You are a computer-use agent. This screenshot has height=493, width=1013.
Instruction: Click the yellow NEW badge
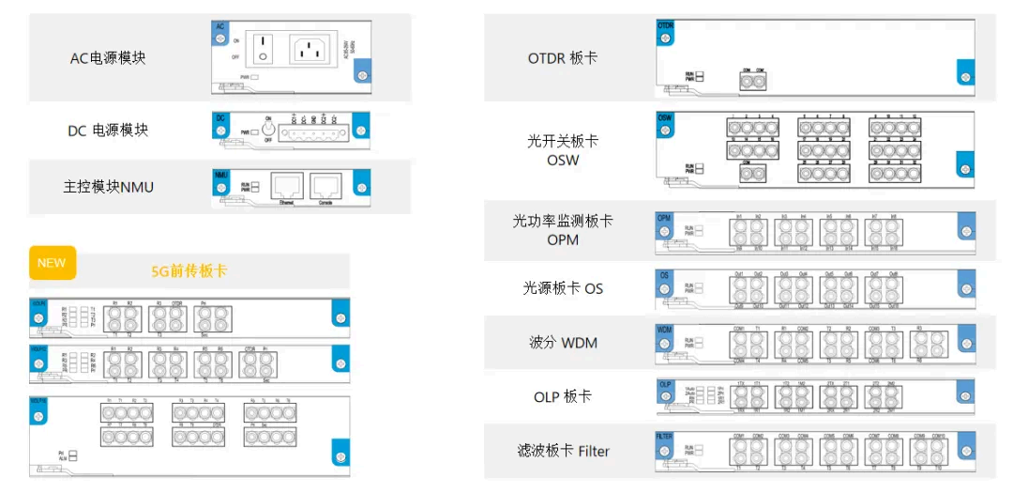[52, 263]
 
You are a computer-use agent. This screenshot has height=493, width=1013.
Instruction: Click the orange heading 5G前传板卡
[189, 271]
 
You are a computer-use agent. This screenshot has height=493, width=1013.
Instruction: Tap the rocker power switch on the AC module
[264, 49]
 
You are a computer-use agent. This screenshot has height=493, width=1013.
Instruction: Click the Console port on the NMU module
[325, 184]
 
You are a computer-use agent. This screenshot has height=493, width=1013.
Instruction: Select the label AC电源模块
[108, 58]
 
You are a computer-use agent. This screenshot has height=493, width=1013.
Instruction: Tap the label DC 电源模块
[108, 131]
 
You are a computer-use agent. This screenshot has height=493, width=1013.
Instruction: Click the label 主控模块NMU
[108, 187]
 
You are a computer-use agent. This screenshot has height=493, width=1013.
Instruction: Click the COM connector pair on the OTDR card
[753, 81]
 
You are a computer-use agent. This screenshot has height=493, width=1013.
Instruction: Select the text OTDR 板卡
[563, 58]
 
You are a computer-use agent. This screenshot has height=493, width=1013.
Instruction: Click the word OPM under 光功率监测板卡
[563, 239]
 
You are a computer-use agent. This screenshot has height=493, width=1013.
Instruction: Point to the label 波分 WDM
[563, 343]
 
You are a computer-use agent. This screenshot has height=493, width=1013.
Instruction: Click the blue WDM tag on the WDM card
[664, 331]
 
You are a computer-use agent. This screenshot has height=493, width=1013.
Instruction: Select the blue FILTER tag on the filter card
[665, 438]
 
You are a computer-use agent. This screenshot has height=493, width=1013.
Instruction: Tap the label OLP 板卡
[563, 397]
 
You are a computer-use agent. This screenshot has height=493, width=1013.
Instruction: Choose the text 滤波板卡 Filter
[563, 452]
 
